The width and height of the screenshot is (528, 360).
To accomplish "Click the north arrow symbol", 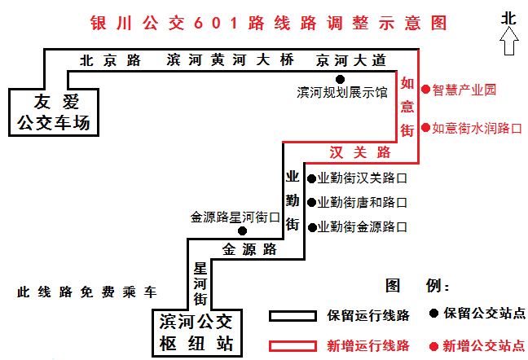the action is (508, 41).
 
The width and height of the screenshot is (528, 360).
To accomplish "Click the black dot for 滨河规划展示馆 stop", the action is (340, 79).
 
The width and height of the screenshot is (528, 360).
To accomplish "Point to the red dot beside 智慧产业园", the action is (426, 89).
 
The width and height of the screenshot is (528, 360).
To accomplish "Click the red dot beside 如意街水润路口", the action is (426, 128).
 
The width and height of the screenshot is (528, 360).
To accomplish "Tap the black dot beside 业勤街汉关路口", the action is (312, 178).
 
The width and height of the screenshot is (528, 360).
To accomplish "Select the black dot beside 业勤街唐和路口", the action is (312, 203).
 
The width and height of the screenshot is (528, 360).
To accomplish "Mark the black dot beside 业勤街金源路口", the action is (312, 228).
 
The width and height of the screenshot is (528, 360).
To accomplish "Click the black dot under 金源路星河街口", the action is (242, 230).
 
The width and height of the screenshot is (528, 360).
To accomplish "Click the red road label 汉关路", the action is (360, 152).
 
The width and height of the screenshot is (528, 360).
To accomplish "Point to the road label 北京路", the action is (111, 60).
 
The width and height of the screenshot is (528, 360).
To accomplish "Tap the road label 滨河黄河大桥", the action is (231, 60).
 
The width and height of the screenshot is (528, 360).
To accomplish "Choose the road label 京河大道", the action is (351, 60).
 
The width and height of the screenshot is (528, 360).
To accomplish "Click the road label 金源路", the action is (249, 249).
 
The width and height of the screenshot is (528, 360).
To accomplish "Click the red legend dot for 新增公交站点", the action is (433, 346).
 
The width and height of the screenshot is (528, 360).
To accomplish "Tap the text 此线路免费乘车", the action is (87, 292).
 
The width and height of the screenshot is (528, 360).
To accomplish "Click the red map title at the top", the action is (268, 24).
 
